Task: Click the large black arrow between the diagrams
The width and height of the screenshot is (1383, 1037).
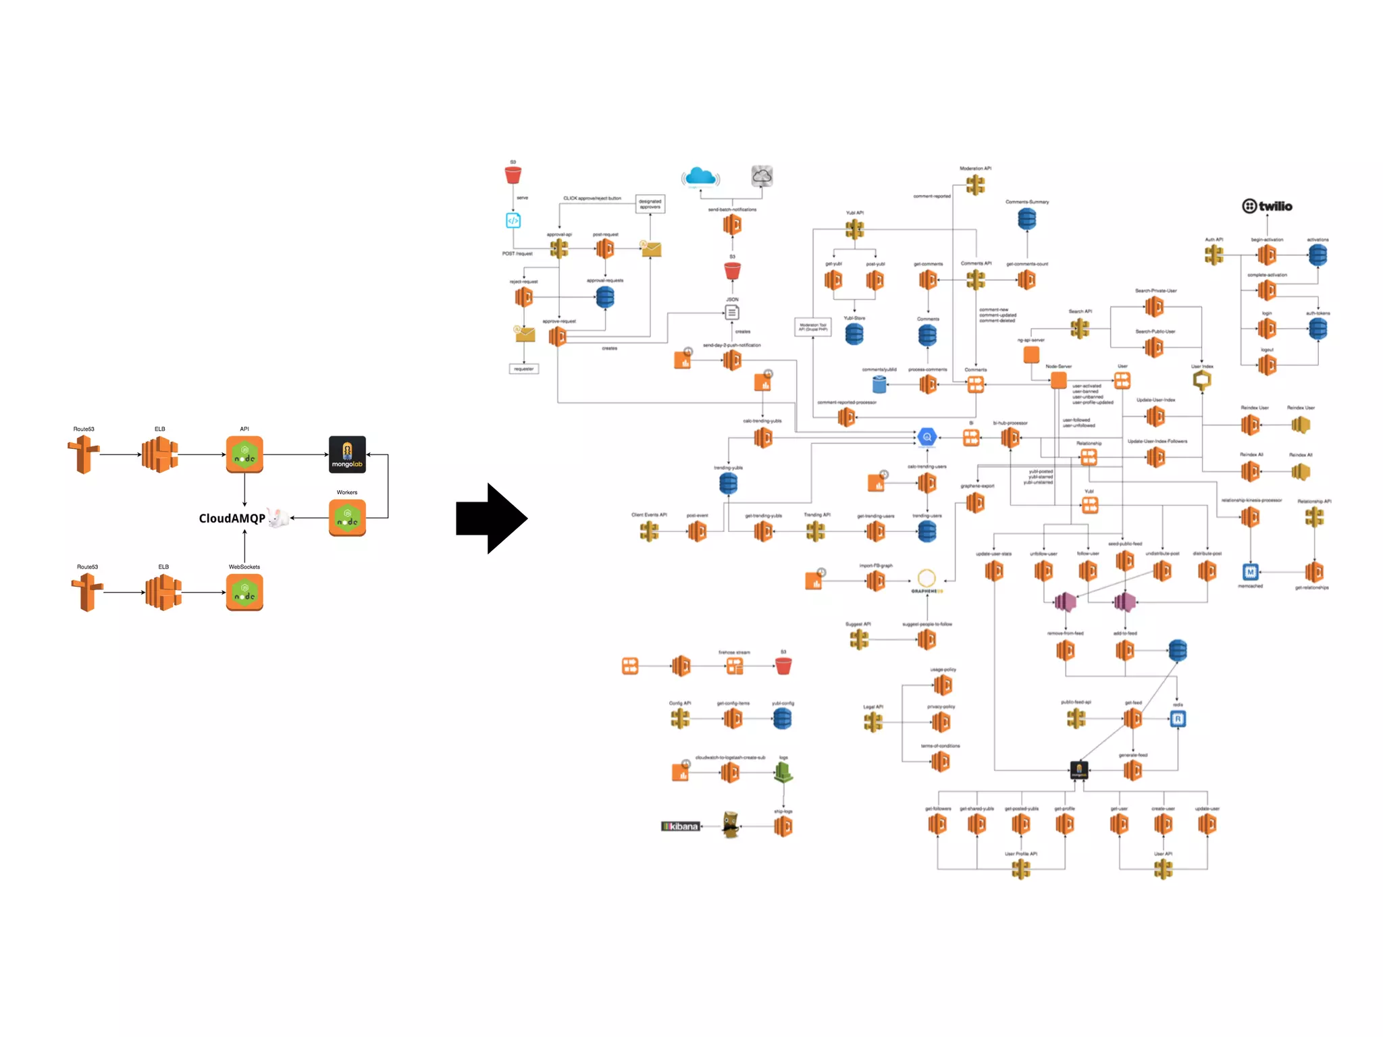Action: point(491,518)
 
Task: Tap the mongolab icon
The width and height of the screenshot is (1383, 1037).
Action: point(347,454)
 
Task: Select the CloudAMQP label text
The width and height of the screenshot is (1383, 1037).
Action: point(232,518)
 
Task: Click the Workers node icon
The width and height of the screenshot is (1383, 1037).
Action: point(347,518)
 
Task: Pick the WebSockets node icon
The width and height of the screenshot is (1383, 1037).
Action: point(244,592)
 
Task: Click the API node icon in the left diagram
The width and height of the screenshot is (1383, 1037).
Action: point(244,454)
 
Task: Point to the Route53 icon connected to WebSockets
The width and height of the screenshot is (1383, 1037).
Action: point(87,592)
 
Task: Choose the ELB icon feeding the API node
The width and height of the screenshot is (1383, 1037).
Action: point(160,454)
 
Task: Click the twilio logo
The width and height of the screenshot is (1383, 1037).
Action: point(1267,206)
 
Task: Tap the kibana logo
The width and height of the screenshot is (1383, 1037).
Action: point(680,826)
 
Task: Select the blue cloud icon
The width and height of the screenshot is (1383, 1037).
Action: point(700,178)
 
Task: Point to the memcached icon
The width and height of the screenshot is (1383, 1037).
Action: point(1250,573)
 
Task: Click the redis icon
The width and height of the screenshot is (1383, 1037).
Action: point(1178,719)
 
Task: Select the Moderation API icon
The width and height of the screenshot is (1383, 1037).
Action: point(975,184)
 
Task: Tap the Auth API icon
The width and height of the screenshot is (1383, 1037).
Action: point(1214,255)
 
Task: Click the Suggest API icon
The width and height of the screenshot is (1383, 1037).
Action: point(859,639)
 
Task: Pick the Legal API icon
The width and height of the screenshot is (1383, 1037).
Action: point(872,722)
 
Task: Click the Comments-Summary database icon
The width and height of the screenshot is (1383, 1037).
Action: point(1026,219)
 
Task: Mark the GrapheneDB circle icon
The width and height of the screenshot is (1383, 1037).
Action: point(927,578)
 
